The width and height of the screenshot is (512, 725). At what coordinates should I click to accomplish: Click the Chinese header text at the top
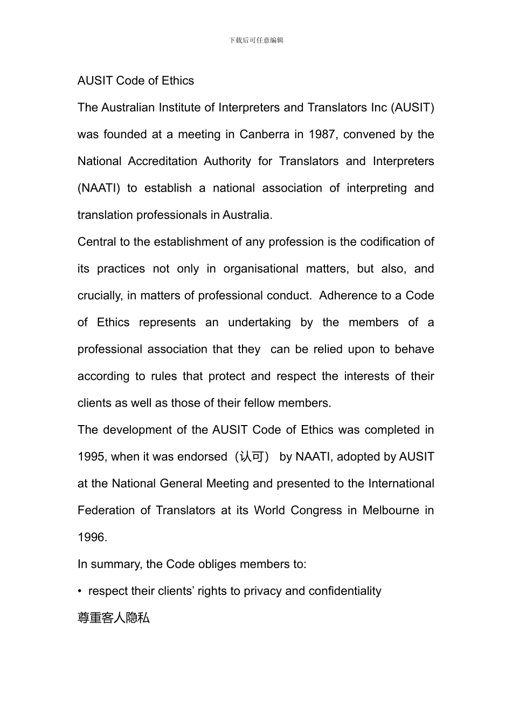(x=256, y=40)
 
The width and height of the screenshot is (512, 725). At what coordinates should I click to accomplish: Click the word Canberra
(x=264, y=134)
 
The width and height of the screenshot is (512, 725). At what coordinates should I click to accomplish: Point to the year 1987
(x=321, y=134)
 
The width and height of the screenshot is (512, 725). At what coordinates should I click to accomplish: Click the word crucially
(x=99, y=296)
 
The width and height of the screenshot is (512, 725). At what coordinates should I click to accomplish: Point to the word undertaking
(x=259, y=323)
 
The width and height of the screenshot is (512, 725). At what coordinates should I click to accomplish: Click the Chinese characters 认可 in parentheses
(x=252, y=457)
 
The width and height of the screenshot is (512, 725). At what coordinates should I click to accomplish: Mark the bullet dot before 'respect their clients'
(x=80, y=591)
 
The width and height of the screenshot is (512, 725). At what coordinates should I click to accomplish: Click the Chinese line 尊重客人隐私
(x=114, y=618)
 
